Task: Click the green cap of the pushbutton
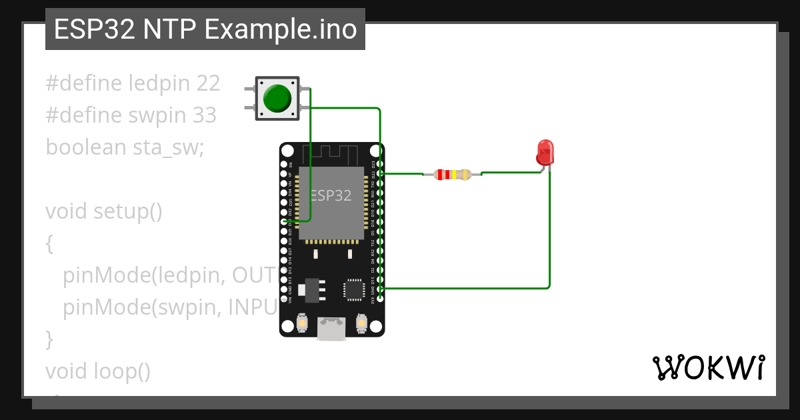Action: (277, 99)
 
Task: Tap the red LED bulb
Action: (545, 152)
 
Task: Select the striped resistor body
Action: (452, 175)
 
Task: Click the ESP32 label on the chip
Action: (331, 195)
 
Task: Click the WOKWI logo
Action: (707, 367)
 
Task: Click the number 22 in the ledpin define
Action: (208, 83)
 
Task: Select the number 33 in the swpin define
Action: (205, 115)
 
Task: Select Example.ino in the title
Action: (281, 30)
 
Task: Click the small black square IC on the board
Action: (353, 290)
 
